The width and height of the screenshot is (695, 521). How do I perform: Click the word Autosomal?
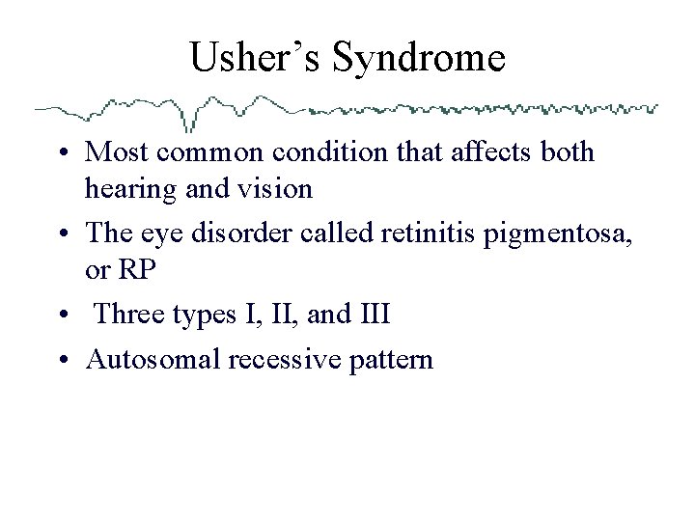(152, 360)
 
